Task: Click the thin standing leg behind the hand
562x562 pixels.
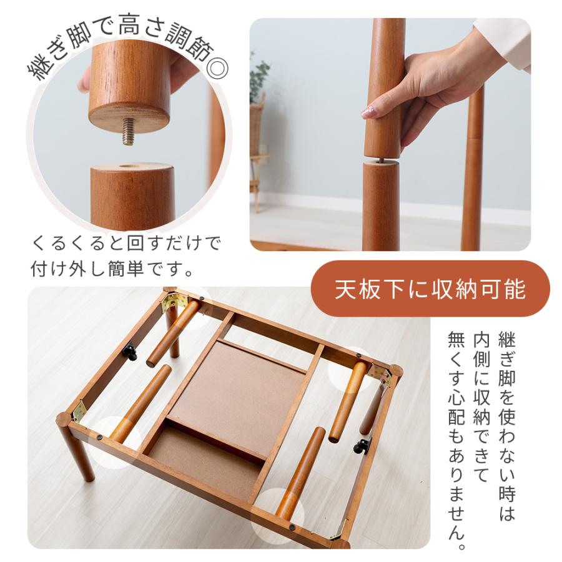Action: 474,169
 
